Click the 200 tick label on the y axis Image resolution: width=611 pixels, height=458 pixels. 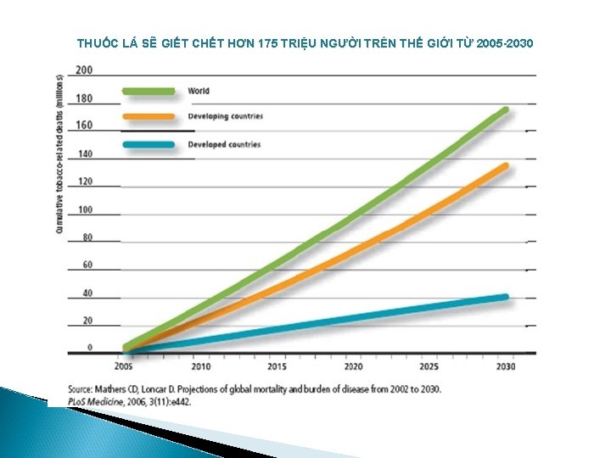[x=85, y=69]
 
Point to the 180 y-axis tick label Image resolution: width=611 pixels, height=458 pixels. [x=85, y=98]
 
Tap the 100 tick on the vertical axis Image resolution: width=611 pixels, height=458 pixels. [x=85, y=209]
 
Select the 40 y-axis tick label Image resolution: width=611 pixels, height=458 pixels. [x=87, y=293]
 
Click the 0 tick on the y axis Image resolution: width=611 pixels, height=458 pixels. [x=90, y=348]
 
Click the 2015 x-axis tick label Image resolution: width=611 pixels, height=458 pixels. [x=277, y=366]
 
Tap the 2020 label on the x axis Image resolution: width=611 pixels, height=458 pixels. [x=353, y=366]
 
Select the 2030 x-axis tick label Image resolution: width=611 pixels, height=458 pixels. [x=505, y=366]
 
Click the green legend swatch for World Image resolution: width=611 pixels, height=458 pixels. [x=149, y=91]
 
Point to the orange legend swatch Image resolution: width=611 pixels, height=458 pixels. [x=149, y=116]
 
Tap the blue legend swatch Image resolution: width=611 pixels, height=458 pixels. [x=149, y=145]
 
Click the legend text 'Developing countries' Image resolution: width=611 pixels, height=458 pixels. [x=226, y=116]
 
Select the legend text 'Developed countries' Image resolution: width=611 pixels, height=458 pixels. [x=224, y=145]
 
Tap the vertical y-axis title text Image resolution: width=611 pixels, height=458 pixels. [x=60, y=153]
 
